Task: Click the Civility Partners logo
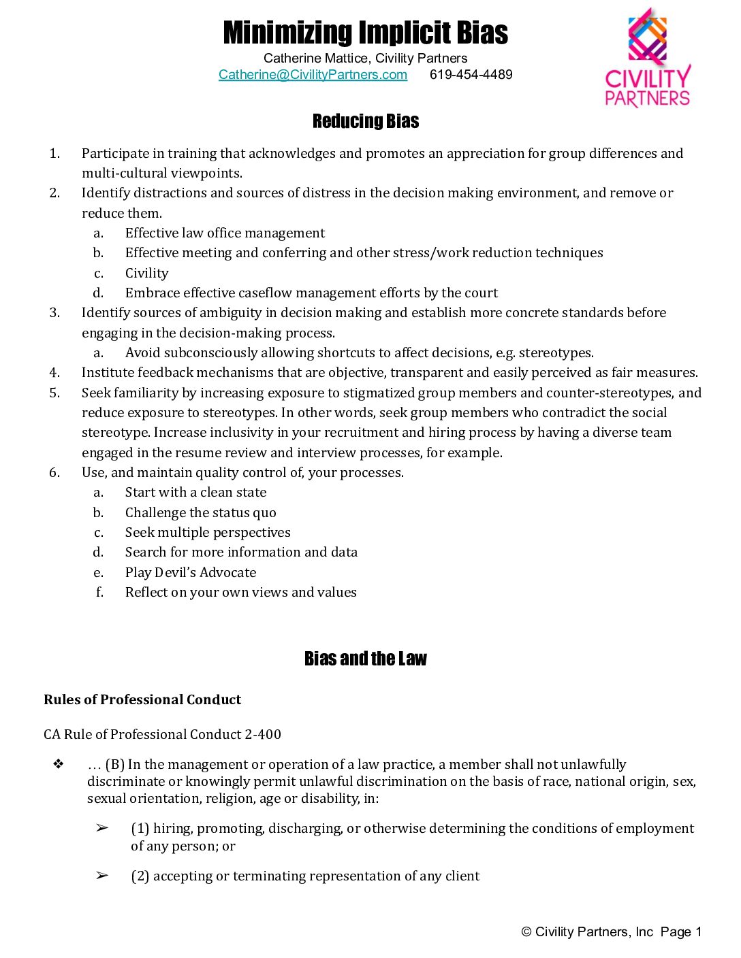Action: point(648,58)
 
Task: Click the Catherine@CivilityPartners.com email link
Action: point(313,75)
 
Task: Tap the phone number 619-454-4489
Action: point(471,75)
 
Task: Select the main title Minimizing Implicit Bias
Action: point(366,33)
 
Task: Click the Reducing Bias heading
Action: point(366,121)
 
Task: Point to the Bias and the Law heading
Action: point(366,659)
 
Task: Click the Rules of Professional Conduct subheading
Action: point(142,699)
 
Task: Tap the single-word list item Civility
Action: point(146,273)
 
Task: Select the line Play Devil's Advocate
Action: point(191,572)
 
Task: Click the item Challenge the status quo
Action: point(200,512)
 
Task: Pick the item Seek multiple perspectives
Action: point(208,532)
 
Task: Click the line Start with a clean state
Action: point(195,492)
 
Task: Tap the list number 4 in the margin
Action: point(54,372)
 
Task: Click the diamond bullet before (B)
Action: point(59,764)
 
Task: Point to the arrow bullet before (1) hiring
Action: point(102,828)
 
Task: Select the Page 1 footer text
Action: point(681,932)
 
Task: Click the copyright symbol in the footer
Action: point(526,932)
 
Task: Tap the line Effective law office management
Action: point(225,233)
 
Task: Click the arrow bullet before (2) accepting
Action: point(102,876)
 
